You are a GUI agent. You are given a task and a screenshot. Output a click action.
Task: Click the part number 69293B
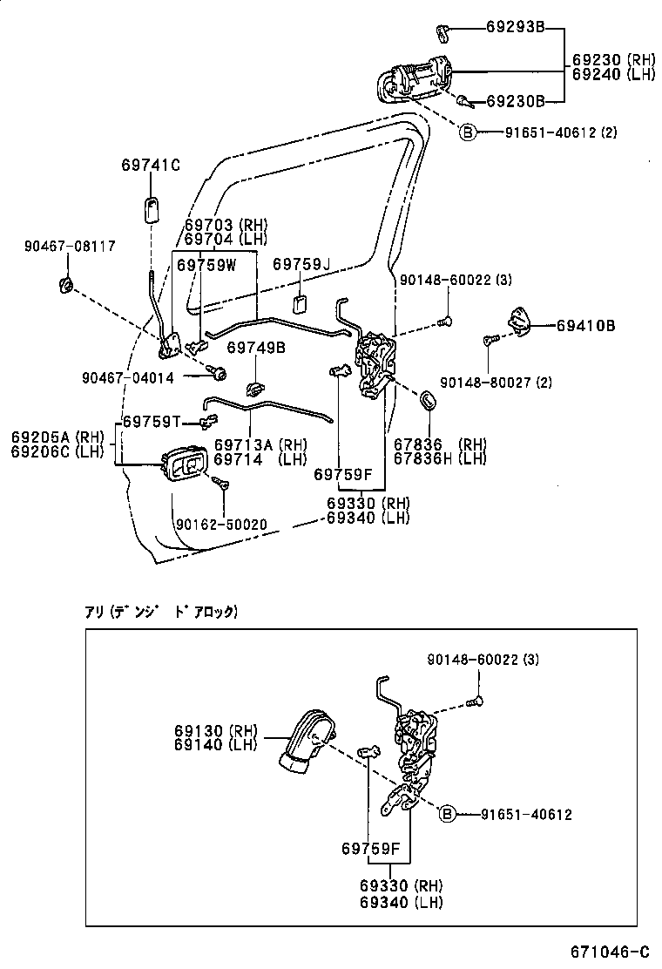point(515,29)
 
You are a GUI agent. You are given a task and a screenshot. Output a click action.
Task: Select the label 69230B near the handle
point(515,102)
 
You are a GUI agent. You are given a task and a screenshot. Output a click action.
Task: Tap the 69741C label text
point(151,166)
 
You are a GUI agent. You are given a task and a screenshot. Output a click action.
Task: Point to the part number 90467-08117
point(69,247)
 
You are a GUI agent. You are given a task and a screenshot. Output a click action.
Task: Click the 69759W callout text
point(206,265)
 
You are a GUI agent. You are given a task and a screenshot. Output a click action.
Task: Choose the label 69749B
point(256,348)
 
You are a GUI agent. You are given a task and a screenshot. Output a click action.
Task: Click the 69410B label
point(586,326)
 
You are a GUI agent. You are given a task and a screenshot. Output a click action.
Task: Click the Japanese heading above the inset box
point(160,612)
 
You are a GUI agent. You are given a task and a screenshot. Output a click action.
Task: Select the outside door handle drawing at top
point(416,79)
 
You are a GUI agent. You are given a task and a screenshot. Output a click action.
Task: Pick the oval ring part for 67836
point(429,400)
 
